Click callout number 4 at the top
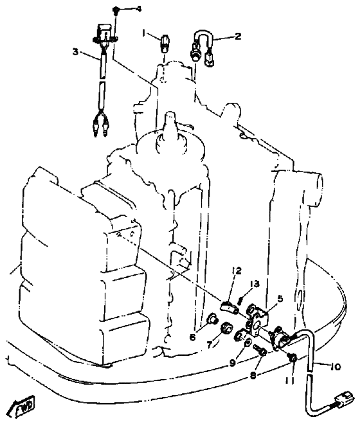pos(138,9)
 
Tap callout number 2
pos(238,36)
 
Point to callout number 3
pos(75,51)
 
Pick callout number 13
pos(255,284)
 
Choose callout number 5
pos(280,299)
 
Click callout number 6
pos(192,337)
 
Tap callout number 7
pos(210,345)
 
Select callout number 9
pos(233,364)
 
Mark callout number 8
pos(253,376)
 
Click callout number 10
pos(335,367)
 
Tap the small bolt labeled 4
pos(116,10)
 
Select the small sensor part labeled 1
pos(165,42)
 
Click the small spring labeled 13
pos(240,300)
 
